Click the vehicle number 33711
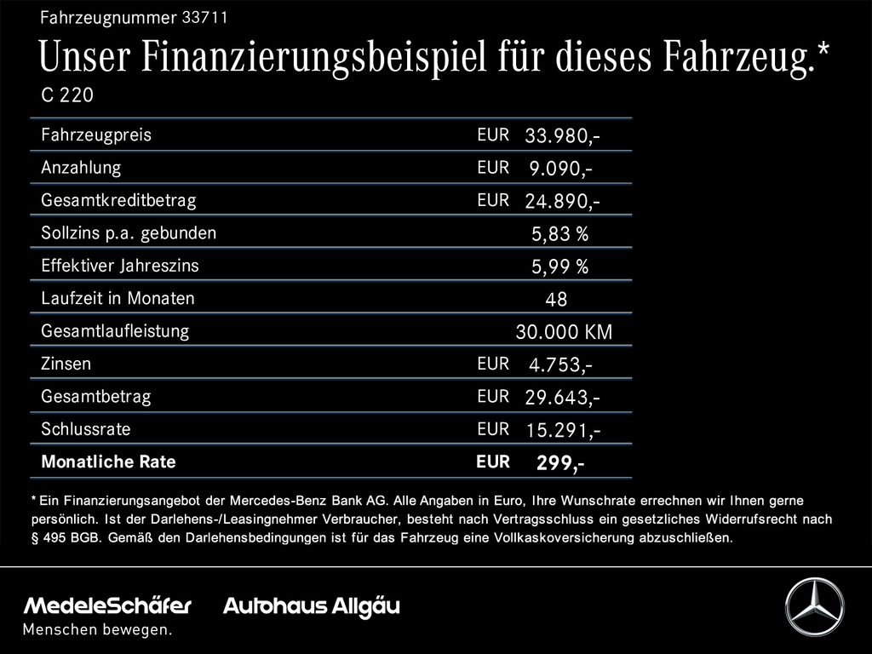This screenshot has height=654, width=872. tap(205, 17)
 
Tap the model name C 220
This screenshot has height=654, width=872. tap(67, 95)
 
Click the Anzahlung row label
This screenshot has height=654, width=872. tap(81, 168)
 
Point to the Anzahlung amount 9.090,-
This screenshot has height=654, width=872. tap(560, 169)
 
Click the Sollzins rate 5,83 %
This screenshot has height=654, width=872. tap(559, 234)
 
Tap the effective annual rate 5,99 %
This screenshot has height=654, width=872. tap(559, 267)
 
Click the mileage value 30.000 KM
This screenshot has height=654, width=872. tap(564, 332)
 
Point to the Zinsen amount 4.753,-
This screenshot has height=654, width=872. tap(560, 365)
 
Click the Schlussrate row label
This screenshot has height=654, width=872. tap(86, 429)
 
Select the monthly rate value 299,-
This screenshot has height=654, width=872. tap(559, 463)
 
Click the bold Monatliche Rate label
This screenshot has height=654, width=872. tap(108, 462)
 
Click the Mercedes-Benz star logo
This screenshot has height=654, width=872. tap(814, 606)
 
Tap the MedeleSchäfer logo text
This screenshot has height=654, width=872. tap(107, 606)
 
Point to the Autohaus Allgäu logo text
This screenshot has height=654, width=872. tap(311, 606)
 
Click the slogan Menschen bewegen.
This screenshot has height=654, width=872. tap(97, 630)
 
